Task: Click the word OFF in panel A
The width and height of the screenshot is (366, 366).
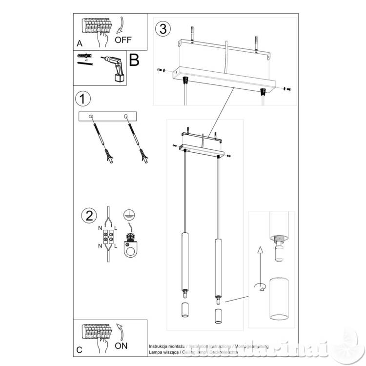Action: click(x=123, y=40)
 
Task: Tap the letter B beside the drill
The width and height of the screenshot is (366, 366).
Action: click(x=134, y=61)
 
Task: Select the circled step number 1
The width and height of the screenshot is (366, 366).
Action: click(x=83, y=99)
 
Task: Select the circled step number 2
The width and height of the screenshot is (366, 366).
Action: click(x=88, y=215)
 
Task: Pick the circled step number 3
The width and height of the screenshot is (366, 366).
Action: click(x=163, y=28)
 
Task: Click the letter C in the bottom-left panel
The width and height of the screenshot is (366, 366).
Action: click(x=80, y=350)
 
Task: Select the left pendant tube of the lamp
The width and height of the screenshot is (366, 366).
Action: click(x=184, y=261)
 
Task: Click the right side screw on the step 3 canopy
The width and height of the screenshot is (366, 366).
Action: click(x=287, y=89)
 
